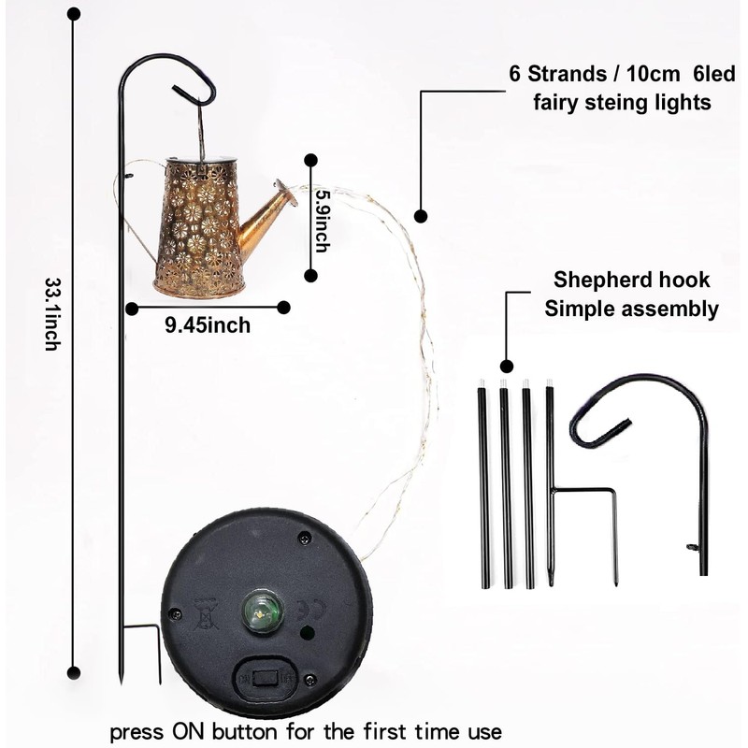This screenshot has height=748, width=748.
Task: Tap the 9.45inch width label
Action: point(207,325)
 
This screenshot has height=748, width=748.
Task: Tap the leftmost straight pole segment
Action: point(484,486)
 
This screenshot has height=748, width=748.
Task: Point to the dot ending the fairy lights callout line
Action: point(421,216)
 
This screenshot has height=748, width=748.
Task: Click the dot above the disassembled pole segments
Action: point(506,366)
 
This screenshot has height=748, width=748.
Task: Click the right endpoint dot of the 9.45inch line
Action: point(283,306)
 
